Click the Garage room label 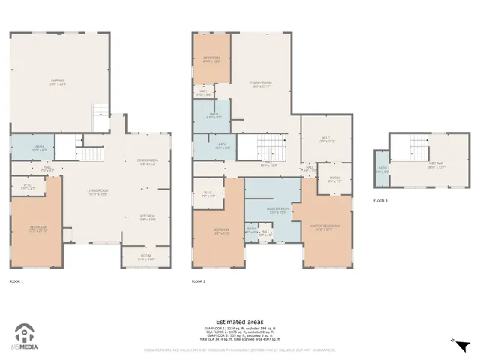tap(58, 82)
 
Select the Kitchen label tap(146, 217)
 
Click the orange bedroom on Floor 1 tap(38, 228)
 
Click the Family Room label tap(261, 85)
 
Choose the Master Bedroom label tap(325, 227)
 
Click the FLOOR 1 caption tap(16, 280)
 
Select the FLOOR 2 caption tap(199, 280)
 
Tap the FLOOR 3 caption tap(381, 201)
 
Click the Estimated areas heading tap(239, 321)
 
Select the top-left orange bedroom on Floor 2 tap(211, 59)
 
